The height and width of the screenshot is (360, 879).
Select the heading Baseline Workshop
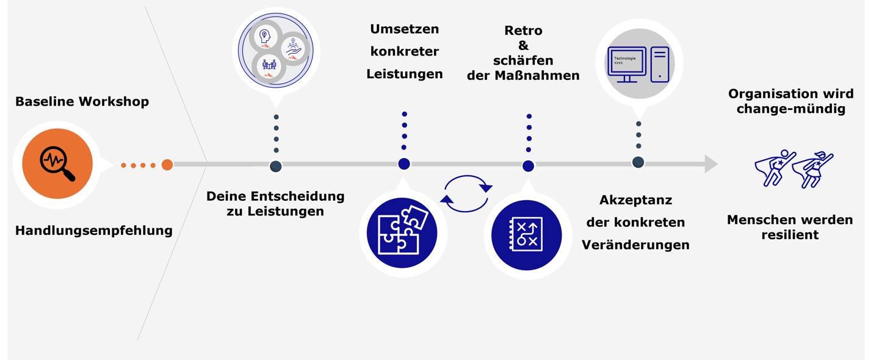tap(82, 101)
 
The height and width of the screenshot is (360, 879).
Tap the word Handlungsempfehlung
tap(93, 231)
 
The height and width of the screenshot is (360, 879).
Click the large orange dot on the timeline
tap(167, 165)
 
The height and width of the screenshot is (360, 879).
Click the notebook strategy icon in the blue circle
tap(526, 234)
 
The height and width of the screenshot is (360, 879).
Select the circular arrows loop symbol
tap(466, 194)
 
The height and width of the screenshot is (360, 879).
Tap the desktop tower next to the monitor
tap(660, 64)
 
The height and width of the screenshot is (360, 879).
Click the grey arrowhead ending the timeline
tap(711, 164)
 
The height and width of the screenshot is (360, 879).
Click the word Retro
tap(523, 31)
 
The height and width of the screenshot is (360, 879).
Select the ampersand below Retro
tap(523, 46)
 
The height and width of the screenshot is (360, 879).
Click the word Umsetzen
tap(404, 29)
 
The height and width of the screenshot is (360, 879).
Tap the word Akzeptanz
tap(635, 200)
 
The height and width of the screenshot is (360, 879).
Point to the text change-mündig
tap(790, 109)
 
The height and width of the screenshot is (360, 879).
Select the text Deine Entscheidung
tap(275, 196)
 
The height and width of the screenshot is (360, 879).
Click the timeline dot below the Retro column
tap(528, 166)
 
